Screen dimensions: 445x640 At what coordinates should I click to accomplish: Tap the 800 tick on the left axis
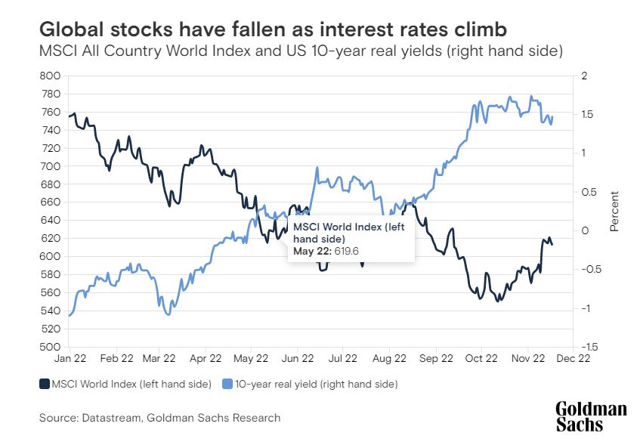[51, 76]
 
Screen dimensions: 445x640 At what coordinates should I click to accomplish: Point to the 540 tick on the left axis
[51, 311]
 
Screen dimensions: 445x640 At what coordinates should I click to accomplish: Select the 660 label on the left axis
[51, 202]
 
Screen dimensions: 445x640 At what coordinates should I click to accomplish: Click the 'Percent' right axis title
[614, 211]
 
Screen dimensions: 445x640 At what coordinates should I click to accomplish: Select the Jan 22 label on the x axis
[74, 360]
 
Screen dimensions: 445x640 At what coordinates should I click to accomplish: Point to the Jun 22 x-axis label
[298, 360]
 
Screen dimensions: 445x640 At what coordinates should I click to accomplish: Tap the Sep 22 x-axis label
[437, 360]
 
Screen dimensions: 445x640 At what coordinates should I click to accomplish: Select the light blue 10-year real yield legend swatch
[227, 385]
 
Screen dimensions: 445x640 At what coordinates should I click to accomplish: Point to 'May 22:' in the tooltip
[311, 250]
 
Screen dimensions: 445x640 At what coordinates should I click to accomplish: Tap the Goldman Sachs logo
[591, 416]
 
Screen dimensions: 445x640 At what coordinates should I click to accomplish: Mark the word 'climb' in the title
[478, 29]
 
